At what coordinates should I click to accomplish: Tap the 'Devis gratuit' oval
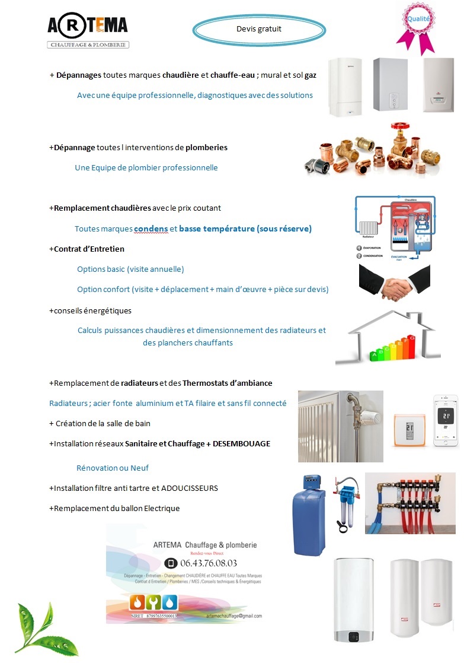(259, 28)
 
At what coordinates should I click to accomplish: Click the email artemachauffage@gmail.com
(234, 616)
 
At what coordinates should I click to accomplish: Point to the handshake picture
(394, 283)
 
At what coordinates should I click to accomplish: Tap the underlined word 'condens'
(151, 229)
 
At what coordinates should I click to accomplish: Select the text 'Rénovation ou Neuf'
(113, 468)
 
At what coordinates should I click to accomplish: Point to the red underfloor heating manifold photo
(410, 503)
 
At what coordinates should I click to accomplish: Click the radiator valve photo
(340, 426)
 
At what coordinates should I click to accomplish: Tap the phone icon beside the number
(171, 563)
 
